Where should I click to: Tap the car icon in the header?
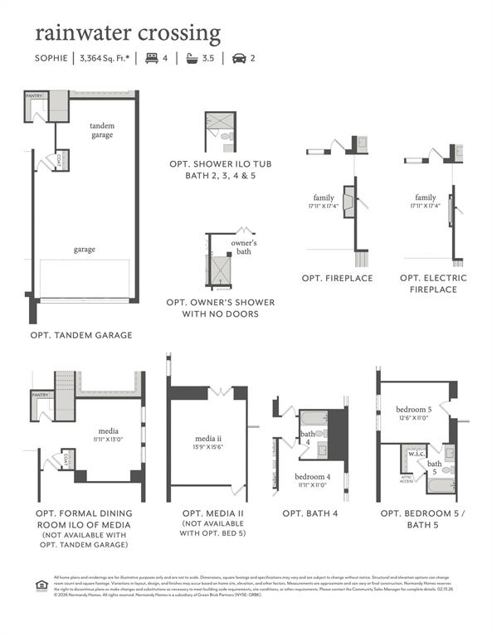click(238, 58)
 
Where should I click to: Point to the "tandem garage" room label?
click(102, 129)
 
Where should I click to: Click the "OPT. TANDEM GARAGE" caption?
click(81, 335)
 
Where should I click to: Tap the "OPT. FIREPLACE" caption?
click(337, 278)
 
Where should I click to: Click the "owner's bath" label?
click(244, 246)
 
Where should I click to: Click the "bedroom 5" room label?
click(413, 410)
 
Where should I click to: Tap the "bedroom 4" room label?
click(313, 477)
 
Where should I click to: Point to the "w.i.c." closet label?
click(416, 453)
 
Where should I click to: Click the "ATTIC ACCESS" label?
click(407, 479)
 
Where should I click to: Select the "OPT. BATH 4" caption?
click(310, 514)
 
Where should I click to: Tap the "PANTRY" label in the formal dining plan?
click(41, 395)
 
